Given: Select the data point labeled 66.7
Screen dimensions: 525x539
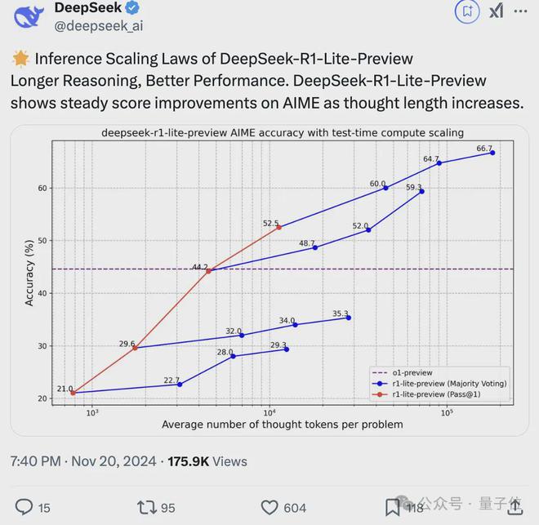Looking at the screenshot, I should pyautogui.click(x=492, y=153).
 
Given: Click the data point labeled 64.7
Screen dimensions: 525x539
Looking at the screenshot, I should pyautogui.click(x=439, y=163).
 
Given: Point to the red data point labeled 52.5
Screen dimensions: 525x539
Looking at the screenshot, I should pyautogui.click(x=278, y=227).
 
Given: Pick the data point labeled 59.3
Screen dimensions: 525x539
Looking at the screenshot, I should pyautogui.click(x=421, y=191).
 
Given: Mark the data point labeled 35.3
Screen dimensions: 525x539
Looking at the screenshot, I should pyautogui.click(x=349, y=318).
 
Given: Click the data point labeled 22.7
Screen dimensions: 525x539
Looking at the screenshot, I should pyautogui.click(x=180, y=384).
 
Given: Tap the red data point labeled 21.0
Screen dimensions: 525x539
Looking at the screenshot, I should pyautogui.click(x=73, y=393).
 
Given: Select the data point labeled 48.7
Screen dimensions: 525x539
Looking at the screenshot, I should pyautogui.click(x=315, y=247).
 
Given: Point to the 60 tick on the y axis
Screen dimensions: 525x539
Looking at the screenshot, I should pyautogui.click(x=42, y=188).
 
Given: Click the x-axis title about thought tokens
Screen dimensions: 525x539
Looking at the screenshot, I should pyautogui.click(x=282, y=424).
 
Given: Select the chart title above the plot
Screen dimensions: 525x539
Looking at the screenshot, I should pyautogui.click(x=283, y=132).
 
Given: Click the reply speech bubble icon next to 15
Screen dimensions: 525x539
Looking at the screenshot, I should pyautogui.click(x=24, y=507).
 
